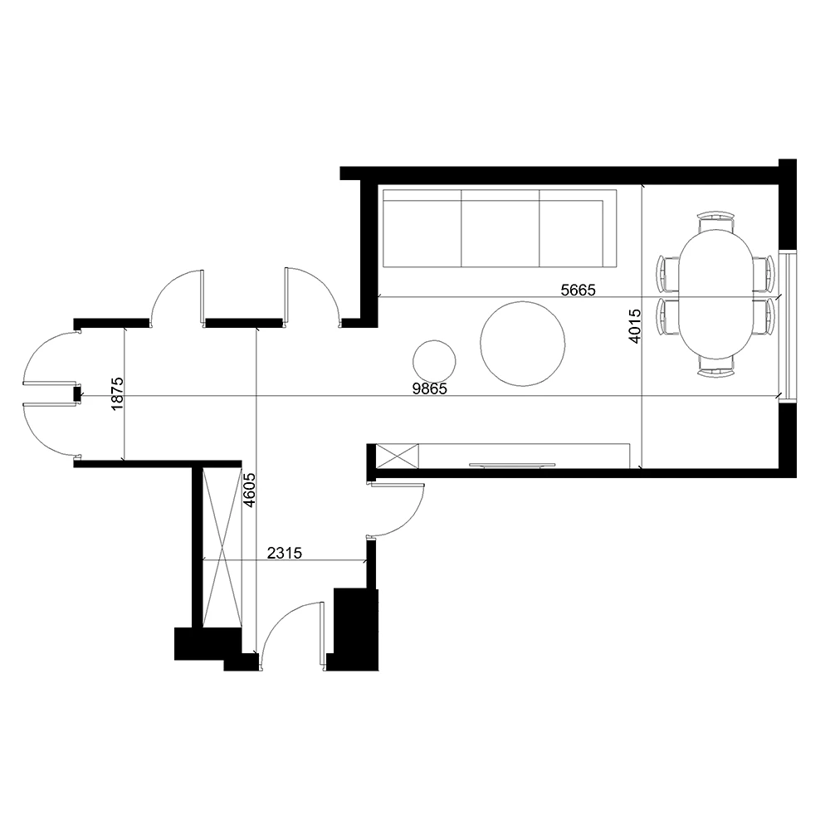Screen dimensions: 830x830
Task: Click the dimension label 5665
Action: (x=578, y=290)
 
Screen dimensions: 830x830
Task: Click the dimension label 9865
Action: (x=430, y=388)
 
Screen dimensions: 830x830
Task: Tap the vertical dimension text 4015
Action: (x=635, y=326)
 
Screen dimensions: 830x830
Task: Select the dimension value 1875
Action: (x=118, y=393)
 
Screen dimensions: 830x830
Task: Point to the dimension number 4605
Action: (x=249, y=490)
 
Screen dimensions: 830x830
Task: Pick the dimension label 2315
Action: (x=285, y=553)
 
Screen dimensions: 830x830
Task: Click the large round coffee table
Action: (x=522, y=344)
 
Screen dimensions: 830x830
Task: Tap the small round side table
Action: (x=434, y=362)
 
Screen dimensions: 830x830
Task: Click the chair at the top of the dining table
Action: (x=716, y=221)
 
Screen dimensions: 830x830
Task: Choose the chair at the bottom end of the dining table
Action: (x=716, y=367)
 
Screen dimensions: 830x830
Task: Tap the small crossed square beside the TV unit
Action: (x=397, y=456)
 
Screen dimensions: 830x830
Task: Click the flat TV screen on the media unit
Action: (x=512, y=466)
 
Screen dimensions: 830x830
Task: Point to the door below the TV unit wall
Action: (x=397, y=510)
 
